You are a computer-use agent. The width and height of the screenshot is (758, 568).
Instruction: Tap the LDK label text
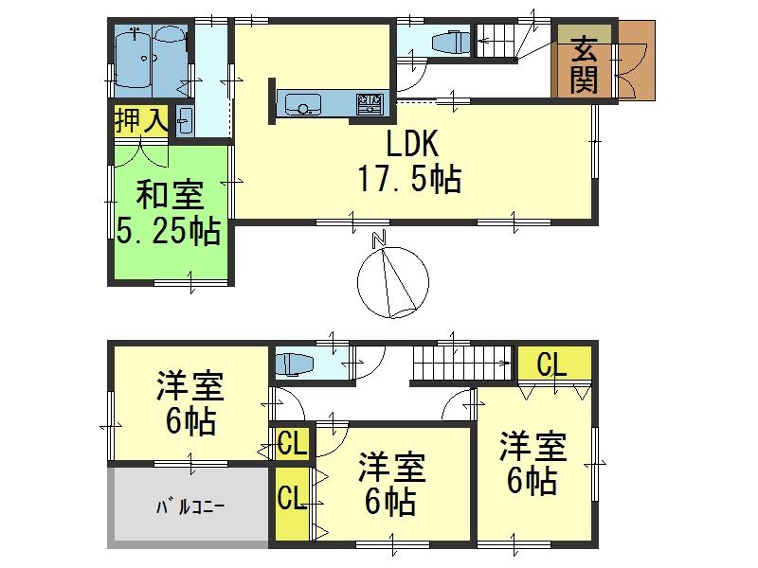(x=409, y=144)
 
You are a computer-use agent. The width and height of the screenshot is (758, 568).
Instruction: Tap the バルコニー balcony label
(x=189, y=507)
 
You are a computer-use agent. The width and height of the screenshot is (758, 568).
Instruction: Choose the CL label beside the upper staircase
(x=554, y=364)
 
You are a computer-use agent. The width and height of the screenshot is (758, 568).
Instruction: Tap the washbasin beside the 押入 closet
(x=185, y=121)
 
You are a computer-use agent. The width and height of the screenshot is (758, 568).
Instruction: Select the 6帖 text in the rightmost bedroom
(x=533, y=481)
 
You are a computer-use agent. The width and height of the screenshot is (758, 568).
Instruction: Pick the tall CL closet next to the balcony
(x=290, y=498)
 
